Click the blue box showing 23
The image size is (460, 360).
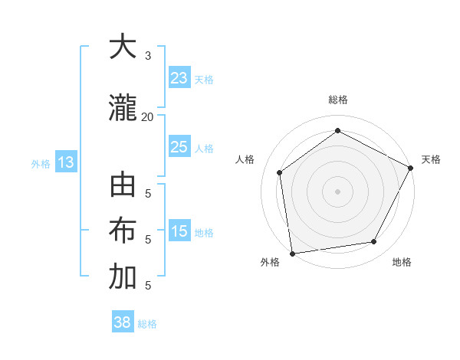(179, 78)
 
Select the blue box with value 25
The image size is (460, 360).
(179, 147)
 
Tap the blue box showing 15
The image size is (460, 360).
(179, 231)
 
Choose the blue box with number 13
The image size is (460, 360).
(65, 162)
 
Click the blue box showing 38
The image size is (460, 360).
(122, 322)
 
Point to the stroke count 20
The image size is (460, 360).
(147, 116)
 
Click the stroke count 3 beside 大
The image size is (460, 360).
(148, 55)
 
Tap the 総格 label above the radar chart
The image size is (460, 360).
(337, 100)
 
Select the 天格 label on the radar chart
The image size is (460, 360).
(431, 159)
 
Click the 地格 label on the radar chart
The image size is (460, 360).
(402, 262)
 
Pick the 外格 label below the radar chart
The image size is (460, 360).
(270, 262)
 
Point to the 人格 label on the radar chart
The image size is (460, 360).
(245, 159)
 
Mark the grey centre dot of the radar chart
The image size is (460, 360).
(337, 191)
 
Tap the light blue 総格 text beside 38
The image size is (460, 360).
(147, 324)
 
